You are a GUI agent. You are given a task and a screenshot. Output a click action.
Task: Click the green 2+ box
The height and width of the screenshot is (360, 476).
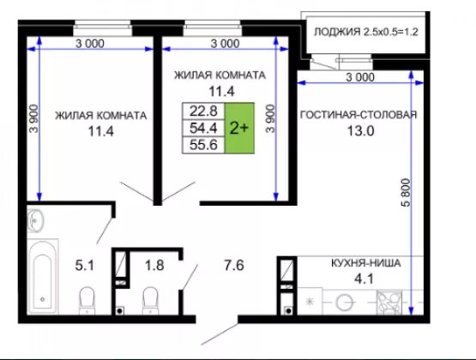[239, 128]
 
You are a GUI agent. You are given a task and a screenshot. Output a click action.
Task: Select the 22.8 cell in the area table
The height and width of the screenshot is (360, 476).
[203, 111]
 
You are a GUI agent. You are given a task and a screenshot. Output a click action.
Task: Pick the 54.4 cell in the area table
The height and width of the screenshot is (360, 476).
[203, 128]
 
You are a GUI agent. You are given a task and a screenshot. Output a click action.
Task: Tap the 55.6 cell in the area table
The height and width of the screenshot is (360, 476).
[203, 145]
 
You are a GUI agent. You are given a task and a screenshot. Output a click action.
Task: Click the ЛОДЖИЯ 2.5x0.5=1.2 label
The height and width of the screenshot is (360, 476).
[366, 32]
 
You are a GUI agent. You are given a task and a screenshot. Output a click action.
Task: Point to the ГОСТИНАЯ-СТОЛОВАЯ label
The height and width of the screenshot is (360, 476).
[359, 115]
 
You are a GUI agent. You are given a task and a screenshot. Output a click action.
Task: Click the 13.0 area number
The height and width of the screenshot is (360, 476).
[360, 131]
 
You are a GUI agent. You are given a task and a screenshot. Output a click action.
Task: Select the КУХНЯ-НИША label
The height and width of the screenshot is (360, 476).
[366, 263]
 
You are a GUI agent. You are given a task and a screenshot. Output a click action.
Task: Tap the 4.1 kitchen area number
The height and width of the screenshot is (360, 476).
[364, 279]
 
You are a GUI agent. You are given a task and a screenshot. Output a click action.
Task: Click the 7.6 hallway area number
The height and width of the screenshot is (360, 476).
[234, 265]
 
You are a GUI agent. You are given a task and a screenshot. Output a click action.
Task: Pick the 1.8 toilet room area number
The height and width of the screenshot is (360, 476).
[154, 265]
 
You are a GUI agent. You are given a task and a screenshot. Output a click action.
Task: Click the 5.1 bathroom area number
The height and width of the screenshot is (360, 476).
[84, 266]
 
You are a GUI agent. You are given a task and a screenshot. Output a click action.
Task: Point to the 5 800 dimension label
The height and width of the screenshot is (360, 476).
[406, 193]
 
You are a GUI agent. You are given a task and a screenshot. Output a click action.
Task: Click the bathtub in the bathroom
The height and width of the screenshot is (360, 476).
[43, 276]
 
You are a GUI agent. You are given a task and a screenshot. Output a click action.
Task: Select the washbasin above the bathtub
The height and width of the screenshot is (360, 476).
[35, 220]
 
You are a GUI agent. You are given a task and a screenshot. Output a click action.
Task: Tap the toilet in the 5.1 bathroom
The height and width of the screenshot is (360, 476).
[87, 301]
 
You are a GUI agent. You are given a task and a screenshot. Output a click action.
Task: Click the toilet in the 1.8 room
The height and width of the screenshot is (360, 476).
[150, 301]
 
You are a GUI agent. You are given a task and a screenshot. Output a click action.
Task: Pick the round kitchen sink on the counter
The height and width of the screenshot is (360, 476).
[345, 302]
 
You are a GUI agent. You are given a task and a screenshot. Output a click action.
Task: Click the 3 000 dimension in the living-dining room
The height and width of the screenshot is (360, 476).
[360, 77]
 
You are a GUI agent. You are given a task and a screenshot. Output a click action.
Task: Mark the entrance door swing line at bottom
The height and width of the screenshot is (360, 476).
[220, 334]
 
